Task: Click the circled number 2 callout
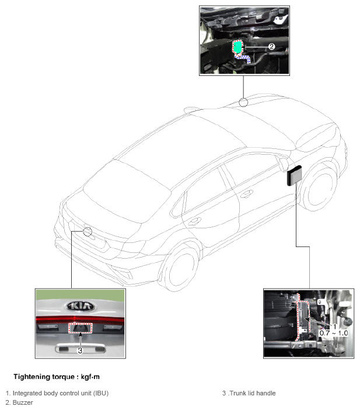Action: coord(272,47)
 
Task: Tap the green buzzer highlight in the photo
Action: coord(237,47)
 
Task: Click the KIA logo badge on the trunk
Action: coord(80,306)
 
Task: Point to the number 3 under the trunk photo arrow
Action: coord(80,350)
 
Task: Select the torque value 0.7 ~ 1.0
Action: coord(334,333)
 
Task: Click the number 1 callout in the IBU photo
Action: coord(334,326)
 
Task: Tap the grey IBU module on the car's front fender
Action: coord(295,175)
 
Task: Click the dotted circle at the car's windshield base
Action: coord(243,102)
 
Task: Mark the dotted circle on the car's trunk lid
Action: coord(88,232)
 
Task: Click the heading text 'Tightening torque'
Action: coord(44,377)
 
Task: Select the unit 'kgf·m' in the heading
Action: coord(90,377)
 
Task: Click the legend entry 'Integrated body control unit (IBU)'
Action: coord(60,393)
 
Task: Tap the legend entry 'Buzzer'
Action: coord(23,402)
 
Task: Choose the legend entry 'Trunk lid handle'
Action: coord(253,393)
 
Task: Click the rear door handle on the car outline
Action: coord(195,221)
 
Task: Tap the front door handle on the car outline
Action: coord(246,193)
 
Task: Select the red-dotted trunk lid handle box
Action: coord(81,328)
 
